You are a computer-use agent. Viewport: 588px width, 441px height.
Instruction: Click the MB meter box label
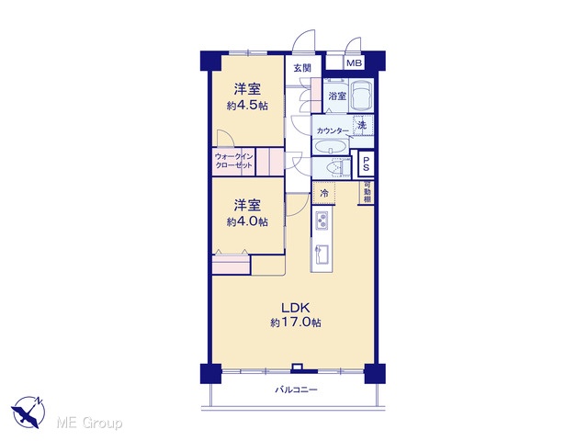point(354,63)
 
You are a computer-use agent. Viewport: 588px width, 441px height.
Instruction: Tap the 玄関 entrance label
point(302,68)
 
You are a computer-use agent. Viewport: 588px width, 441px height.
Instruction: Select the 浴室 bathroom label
point(337,96)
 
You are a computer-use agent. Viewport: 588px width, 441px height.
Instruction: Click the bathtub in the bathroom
point(362,96)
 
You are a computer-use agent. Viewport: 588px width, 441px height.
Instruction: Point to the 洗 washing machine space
point(363,125)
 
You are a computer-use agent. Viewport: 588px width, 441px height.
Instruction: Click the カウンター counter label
point(333,130)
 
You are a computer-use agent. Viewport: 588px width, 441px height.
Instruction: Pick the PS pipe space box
point(366,164)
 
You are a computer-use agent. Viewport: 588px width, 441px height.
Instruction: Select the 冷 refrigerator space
point(324,193)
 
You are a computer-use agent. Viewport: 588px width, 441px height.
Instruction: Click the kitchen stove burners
point(322,220)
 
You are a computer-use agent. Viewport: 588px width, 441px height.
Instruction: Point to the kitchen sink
point(322,254)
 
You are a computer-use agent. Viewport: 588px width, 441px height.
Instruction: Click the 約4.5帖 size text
point(247,106)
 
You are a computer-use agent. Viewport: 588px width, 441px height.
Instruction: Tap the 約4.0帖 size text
point(247,222)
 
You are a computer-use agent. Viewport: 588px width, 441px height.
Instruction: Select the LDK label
point(296,308)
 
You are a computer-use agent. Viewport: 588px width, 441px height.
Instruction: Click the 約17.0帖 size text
point(296,322)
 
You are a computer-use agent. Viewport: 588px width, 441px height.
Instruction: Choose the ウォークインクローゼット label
point(233,161)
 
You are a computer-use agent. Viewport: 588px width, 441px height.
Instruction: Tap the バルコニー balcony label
point(297,390)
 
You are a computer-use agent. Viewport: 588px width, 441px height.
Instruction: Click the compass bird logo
point(28,413)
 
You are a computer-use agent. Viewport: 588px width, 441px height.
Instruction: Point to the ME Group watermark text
point(89,423)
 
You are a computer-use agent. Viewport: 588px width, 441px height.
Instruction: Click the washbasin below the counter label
point(330,146)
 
